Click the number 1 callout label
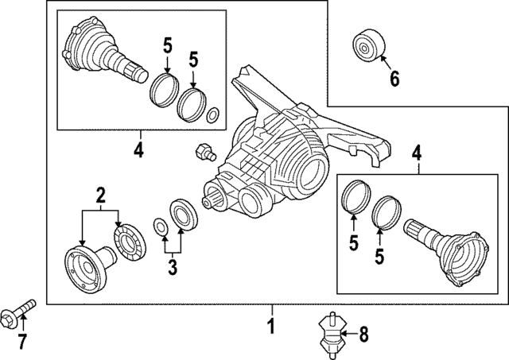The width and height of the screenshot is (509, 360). (x=270, y=326)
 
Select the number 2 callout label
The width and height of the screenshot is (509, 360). (x=100, y=194)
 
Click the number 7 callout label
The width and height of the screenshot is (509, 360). (x=22, y=342)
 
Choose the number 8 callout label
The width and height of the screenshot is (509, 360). (x=364, y=335)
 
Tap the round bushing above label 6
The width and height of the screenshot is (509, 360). (x=368, y=45)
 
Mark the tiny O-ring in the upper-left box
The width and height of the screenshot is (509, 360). (x=213, y=118)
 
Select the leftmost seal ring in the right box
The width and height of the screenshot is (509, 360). (x=352, y=197)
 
